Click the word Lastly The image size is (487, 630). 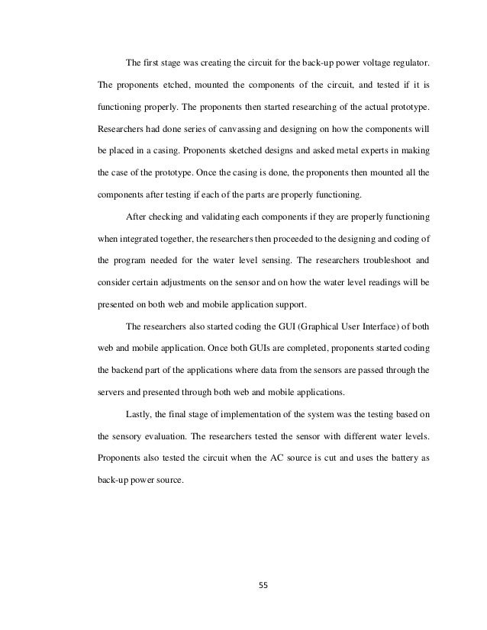(x=137, y=415)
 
